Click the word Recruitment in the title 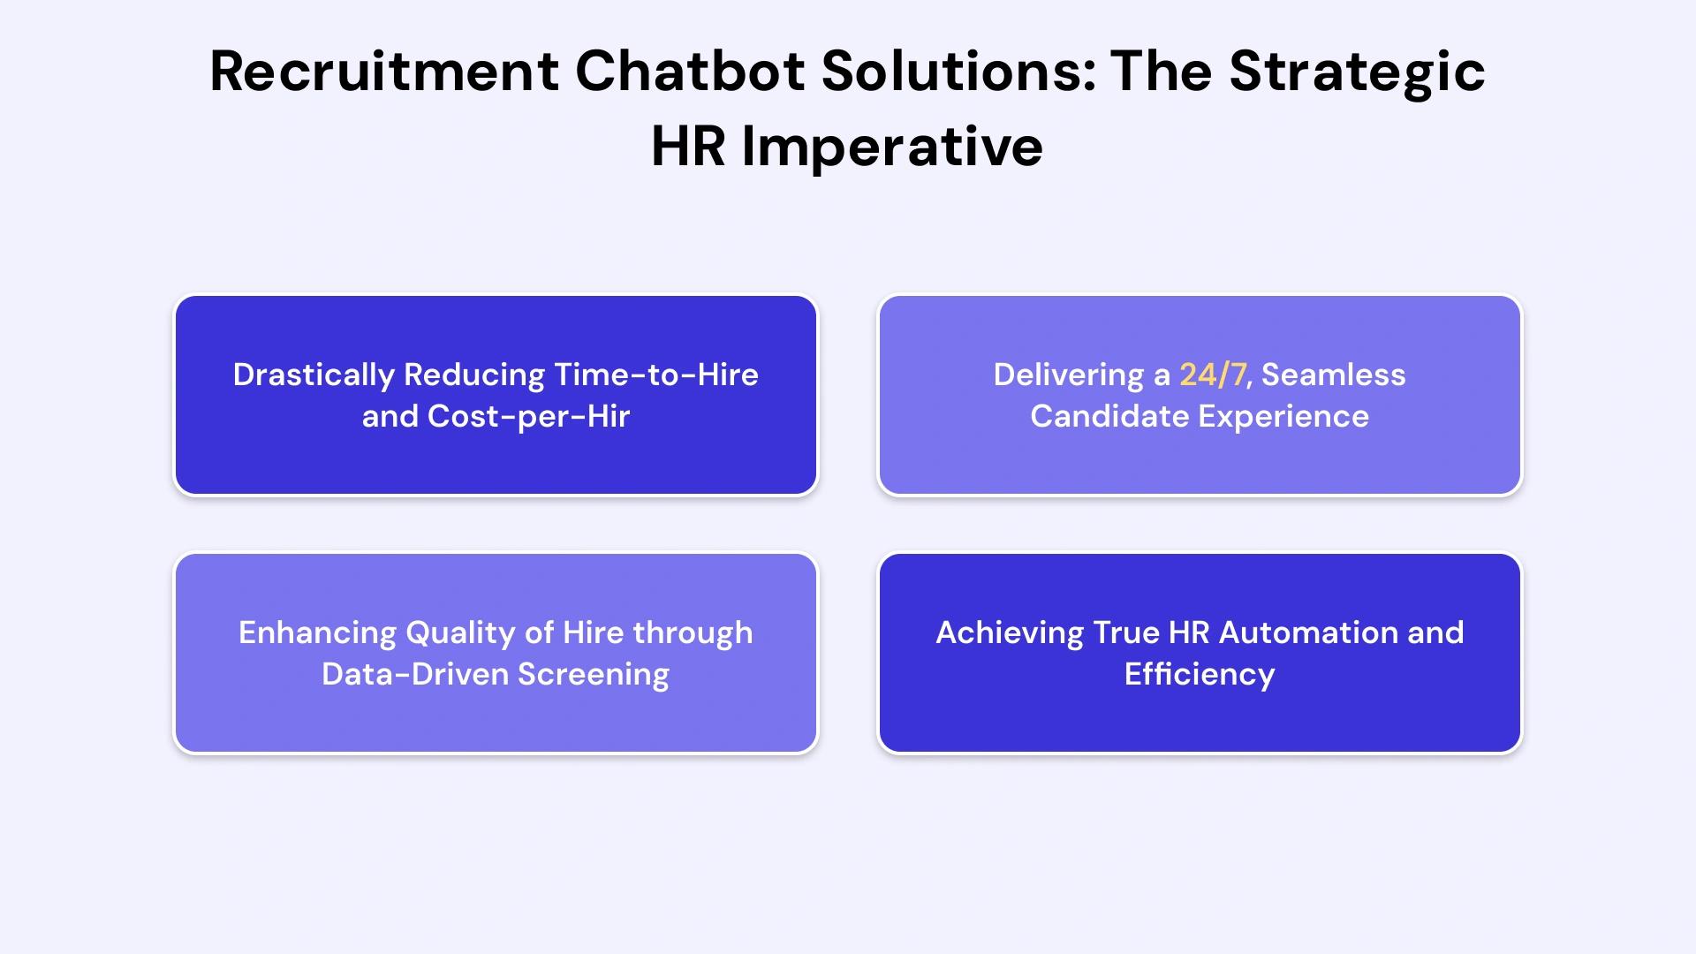(384, 71)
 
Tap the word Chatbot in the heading (690, 71)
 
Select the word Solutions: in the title (959, 71)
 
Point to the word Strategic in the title (1357, 71)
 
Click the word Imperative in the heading (892, 147)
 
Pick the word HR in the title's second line (688, 147)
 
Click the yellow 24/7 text (1214, 375)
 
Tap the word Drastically (314, 375)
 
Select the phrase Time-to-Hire (656, 375)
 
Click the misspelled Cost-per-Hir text (528, 416)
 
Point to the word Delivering (1069, 375)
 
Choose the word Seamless (1333, 375)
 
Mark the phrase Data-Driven (415, 674)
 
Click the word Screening (594, 674)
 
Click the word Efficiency (1200, 674)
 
